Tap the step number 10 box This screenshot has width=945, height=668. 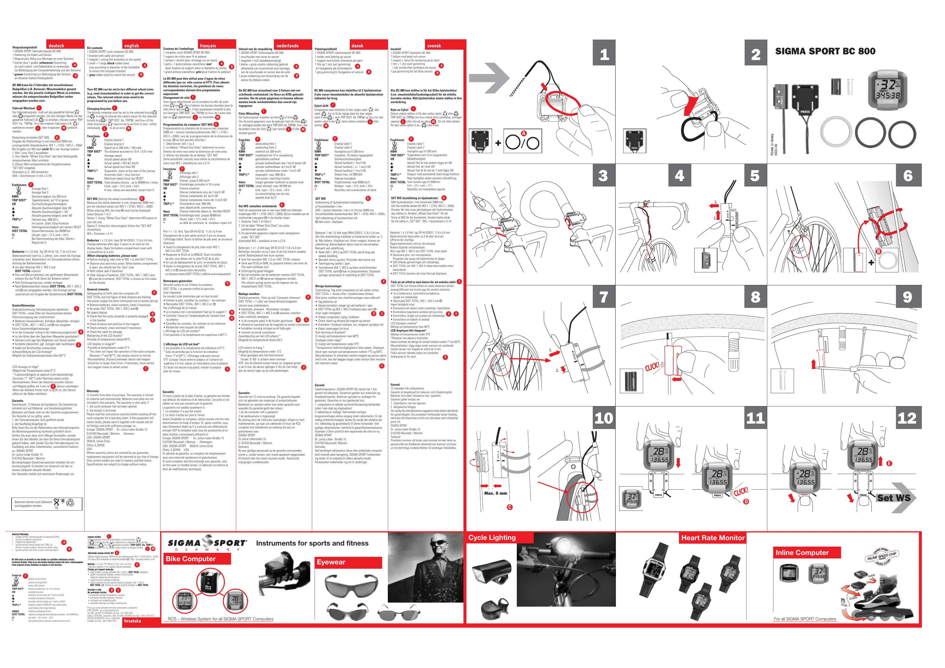coord(604,418)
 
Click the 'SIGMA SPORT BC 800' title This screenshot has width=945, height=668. coord(825,51)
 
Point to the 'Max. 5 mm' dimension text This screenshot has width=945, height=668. coord(495,493)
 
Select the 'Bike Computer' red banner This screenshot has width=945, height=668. coord(191,558)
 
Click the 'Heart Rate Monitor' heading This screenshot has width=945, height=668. coord(713,538)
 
